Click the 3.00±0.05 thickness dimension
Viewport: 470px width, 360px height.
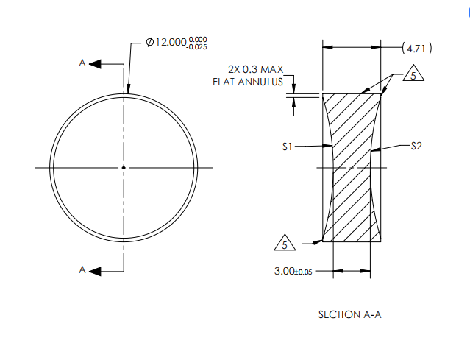coord(293,271)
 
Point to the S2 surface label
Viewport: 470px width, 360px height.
coord(416,147)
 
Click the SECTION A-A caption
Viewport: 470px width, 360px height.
coord(349,314)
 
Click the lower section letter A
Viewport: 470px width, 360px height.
coord(82,270)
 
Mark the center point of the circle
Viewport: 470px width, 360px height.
coord(124,168)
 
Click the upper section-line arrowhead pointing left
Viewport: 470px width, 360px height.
coord(95,65)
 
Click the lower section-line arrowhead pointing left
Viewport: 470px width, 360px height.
coord(95,271)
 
